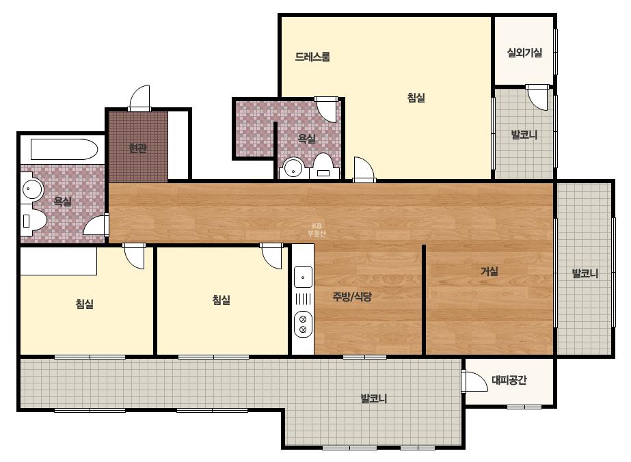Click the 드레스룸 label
point(312,57)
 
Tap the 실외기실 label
point(524,53)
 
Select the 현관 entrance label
point(137,148)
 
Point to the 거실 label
point(489,271)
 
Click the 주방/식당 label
point(352,297)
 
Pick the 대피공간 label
point(509,380)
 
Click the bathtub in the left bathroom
point(64,150)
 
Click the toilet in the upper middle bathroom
point(323,167)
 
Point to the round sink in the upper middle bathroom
point(293,168)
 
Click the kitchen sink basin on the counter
point(303,277)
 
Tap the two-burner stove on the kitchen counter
point(303,325)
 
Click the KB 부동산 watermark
point(317,230)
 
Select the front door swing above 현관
point(139,98)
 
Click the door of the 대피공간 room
point(474,381)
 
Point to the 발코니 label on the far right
point(585,273)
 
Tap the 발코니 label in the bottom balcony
point(373,399)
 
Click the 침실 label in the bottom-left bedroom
point(85,304)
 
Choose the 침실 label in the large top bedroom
point(416,98)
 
